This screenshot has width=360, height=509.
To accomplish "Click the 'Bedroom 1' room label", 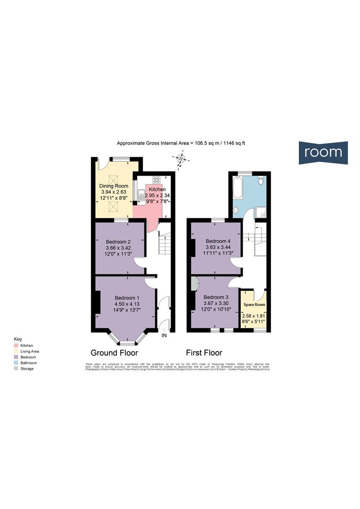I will click(x=127, y=297).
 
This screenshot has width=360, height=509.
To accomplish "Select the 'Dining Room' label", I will click(x=114, y=186).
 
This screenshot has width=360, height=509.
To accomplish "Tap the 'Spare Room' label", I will click(x=254, y=305).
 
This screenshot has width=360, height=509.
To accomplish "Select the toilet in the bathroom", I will click(x=261, y=181).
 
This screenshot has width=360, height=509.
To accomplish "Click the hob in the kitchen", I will click(x=156, y=179).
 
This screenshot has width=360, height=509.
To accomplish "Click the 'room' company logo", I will click(x=323, y=152).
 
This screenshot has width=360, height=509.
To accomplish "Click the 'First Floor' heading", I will click(x=204, y=353).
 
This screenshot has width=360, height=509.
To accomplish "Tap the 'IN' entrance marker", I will click(x=164, y=336).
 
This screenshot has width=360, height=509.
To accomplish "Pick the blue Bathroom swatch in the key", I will click(x=16, y=363).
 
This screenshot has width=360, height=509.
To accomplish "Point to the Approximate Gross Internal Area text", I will click(x=181, y=143).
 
